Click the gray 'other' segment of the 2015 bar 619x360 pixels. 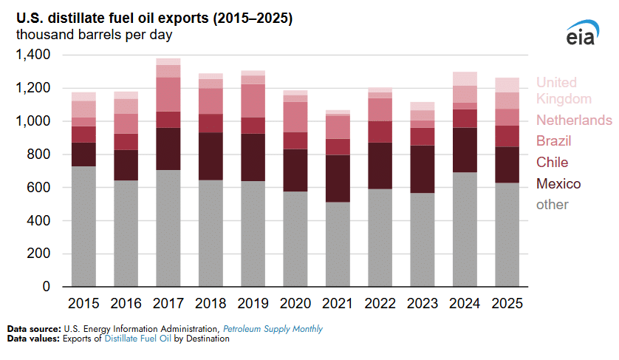tap(83, 226)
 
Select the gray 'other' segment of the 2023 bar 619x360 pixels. tap(422, 240)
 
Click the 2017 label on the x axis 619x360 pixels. tap(168, 304)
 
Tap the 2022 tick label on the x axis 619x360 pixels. tap(380, 304)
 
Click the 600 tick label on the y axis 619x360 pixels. tap(38, 188)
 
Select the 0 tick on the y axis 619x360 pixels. tap(46, 287)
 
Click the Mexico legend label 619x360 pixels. tap(558, 184)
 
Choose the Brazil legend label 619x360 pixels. tap(554, 141)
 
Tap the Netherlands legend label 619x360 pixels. tap(574, 120)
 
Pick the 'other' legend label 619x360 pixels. tap(553, 206)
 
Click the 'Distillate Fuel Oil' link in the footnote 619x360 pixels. tap(140, 339)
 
